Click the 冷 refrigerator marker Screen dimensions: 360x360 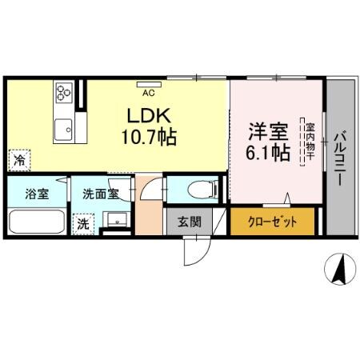click(18, 160)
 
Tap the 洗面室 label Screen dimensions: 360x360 click(101, 193)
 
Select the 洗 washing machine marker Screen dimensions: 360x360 click(82, 226)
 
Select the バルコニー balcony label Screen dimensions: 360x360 click(340, 158)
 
